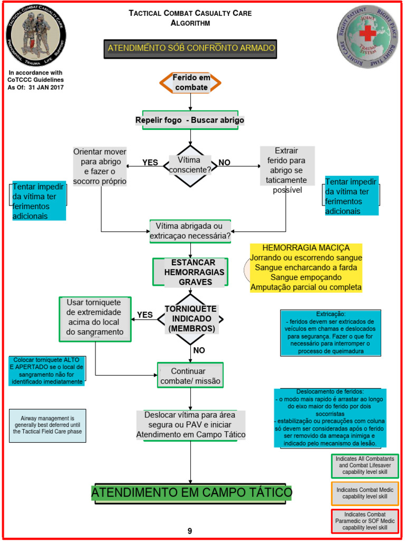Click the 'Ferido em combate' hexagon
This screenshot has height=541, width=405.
190,82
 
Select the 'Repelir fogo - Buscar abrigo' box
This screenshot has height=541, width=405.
190,120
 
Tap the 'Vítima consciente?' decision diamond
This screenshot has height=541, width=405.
190,165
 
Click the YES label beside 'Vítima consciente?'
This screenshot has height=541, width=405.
150,163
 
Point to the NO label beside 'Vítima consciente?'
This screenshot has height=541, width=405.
225,163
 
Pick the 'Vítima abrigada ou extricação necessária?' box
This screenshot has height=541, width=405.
190,231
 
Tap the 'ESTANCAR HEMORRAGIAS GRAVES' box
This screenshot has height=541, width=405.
190,272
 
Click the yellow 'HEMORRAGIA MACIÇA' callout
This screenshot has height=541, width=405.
306,267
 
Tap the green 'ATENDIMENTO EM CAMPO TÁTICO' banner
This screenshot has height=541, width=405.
191,493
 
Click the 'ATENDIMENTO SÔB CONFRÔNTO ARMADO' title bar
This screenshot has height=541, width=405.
191,48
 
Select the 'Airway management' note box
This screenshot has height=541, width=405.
47,425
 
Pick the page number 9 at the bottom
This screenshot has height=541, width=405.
190,531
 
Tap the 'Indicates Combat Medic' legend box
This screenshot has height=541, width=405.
364,493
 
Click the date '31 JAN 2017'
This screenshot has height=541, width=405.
48,87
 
